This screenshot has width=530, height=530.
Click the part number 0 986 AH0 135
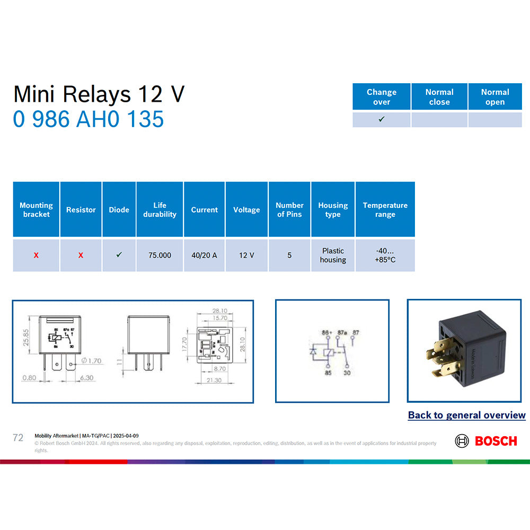coord(89,119)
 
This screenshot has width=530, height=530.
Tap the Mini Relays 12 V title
coord(99,94)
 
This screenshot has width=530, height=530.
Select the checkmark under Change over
coord(382,119)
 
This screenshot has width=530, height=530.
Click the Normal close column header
coord(439,97)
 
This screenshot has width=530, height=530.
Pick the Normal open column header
coord(495,97)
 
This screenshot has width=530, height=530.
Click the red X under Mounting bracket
coord(36,255)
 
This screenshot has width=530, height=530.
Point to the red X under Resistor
coord(81,255)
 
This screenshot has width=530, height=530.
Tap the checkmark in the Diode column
coord(119,255)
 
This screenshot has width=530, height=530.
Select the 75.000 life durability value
coord(160,255)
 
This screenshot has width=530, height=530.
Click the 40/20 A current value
coord(204,255)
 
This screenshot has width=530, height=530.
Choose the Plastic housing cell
coord(333,255)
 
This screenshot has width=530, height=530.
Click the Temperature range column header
coord(385,210)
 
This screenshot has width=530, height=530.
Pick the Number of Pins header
coord(289,210)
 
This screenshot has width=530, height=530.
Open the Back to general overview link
coord(466,416)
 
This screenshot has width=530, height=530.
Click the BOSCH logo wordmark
coord(496,441)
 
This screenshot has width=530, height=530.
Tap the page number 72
coord(18,438)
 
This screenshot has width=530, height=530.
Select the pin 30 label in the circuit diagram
coord(347,373)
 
